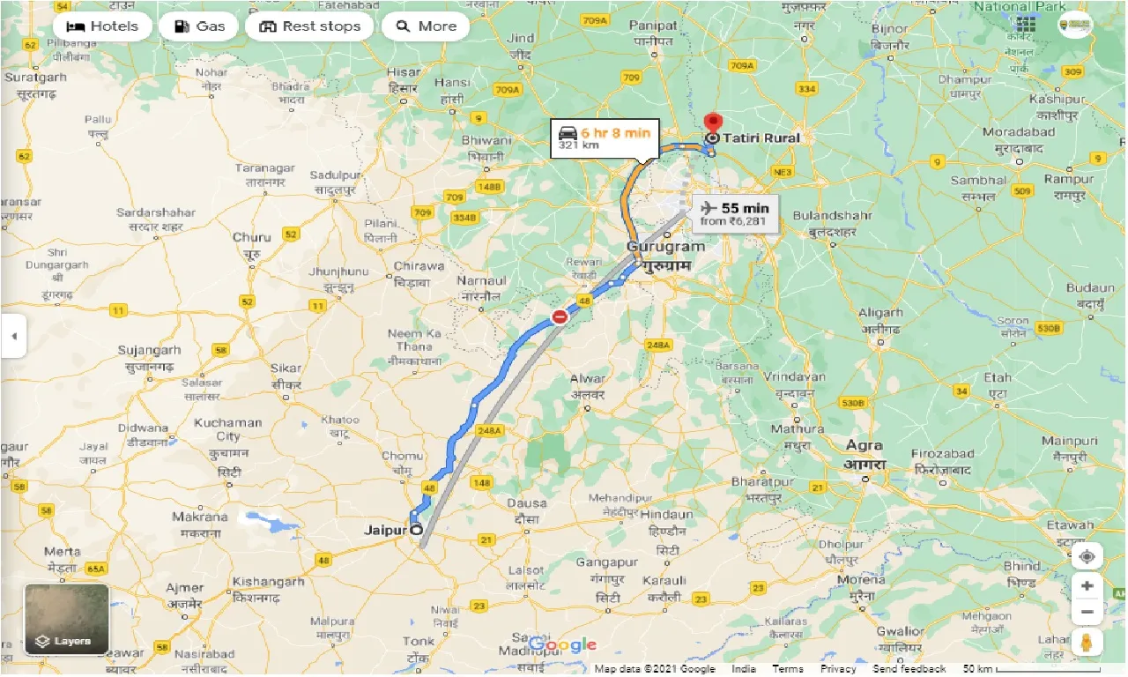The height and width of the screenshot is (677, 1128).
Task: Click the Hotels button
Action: pyautogui.click(x=102, y=26)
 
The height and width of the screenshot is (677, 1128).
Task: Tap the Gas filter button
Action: pyautogui.click(x=199, y=26)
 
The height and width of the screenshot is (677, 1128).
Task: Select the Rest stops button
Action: pyautogui.click(x=311, y=26)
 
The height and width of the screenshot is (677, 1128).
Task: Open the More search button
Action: pyautogui.click(x=426, y=26)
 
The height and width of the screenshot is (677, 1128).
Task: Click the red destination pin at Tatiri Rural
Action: pyautogui.click(x=714, y=124)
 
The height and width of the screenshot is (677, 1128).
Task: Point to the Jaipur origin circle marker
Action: pyautogui.click(x=415, y=530)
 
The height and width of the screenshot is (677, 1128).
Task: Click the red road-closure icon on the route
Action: pyautogui.click(x=559, y=317)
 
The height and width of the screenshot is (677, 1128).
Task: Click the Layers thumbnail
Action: pyautogui.click(x=67, y=619)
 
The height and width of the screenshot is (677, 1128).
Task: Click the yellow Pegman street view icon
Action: pyautogui.click(x=1087, y=643)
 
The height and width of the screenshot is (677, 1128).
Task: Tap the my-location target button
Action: pyautogui.click(x=1087, y=557)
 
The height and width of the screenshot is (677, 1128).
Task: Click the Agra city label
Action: pyautogui.click(x=865, y=445)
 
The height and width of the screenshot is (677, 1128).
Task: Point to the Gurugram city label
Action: pyautogui.click(x=665, y=248)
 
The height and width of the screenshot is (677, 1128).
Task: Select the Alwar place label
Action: pyautogui.click(x=588, y=379)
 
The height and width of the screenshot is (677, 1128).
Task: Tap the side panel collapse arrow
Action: pyautogui.click(x=13, y=336)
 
